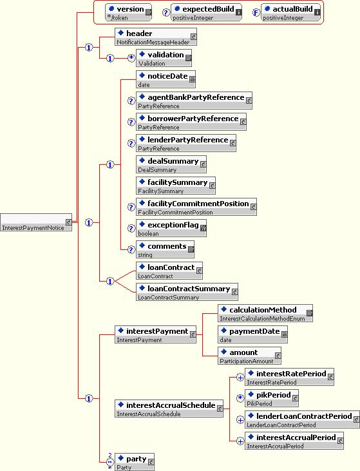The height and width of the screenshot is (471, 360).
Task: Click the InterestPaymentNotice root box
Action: (36, 222)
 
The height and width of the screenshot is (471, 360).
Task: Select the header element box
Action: (156, 37)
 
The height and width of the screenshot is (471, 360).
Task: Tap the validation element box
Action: (164, 58)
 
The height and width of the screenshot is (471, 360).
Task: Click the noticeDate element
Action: (166, 79)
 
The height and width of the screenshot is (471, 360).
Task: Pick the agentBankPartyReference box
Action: (194, 101)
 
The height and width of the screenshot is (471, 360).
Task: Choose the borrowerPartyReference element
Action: (191, 122)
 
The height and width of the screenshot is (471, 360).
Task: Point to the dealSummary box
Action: (171, 164)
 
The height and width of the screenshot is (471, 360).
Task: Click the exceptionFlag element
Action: (171, 228)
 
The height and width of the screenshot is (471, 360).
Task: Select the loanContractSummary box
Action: (187, 292)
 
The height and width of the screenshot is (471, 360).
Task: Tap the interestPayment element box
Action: (156, 334)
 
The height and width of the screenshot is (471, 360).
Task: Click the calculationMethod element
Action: (265, 313)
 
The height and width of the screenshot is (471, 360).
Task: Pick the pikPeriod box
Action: (272, 398)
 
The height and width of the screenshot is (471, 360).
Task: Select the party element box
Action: (135, 462)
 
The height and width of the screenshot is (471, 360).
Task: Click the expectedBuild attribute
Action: (206, 12)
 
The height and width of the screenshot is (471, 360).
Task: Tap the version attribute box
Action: (129, 12)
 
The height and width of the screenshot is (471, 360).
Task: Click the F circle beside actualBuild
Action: (256, 13)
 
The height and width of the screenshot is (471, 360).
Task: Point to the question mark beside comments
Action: (131, 249)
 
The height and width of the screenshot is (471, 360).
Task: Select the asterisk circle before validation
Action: (131, 58)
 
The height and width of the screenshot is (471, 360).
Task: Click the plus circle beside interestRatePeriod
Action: (240, 378)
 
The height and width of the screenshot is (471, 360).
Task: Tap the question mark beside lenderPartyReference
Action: (131, 143)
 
